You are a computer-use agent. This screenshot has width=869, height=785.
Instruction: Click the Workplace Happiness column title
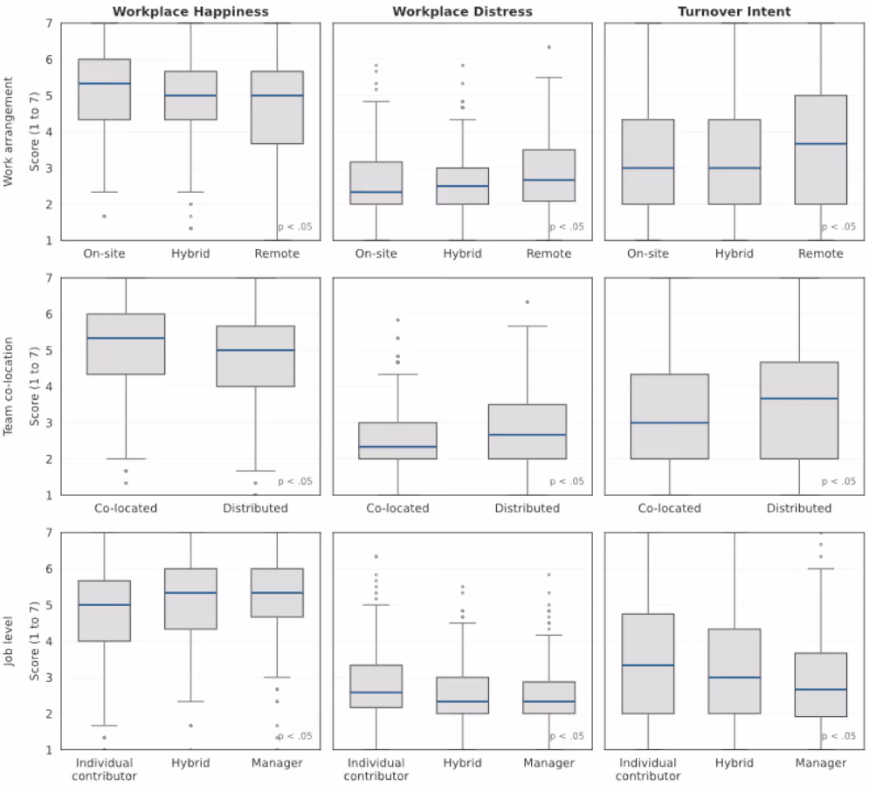(x=190, y=11)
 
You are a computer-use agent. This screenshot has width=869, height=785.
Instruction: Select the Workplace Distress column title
(x=462, y=11)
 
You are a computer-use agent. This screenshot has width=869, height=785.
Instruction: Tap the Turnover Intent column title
(x=735, y=11)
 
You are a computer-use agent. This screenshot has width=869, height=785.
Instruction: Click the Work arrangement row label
(x=8, y=131)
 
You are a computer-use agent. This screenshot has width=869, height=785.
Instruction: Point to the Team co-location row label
(x=8, y=386)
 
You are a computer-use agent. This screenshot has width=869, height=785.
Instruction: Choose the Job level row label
(x=8, y=641)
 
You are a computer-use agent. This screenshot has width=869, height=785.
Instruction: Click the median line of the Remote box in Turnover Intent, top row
(x=821, y=143)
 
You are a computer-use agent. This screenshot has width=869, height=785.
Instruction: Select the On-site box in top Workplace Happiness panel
(x=104, y=89)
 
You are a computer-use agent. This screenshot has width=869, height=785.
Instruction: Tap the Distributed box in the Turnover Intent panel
(x=799, y=410)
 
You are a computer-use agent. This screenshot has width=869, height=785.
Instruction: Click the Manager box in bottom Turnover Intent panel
(x=821, y=685)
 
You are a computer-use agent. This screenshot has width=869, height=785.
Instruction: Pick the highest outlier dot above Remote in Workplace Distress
(x=549, y=47)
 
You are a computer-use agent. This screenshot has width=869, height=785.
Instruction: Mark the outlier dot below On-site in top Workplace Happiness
(x=104, y=216)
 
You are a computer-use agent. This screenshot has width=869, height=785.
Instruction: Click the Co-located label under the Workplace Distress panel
(x=397, y=508)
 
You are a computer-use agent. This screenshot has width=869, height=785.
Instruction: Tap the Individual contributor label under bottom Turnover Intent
(x=648, y=769)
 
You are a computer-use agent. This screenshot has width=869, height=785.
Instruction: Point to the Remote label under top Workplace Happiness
(x=277, y=254)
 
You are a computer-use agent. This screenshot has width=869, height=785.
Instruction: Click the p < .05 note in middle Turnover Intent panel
(x=838, y=481)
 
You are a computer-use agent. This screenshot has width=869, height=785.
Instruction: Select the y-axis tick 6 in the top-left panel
(x=49, y=59)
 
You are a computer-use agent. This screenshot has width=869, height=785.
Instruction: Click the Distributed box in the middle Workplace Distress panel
(x=527, y=431)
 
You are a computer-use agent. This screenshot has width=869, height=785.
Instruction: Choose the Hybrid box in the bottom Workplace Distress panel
(x=462, y=695)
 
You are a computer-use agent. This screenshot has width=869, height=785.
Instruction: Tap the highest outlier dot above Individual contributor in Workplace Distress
(x=376, y=556)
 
